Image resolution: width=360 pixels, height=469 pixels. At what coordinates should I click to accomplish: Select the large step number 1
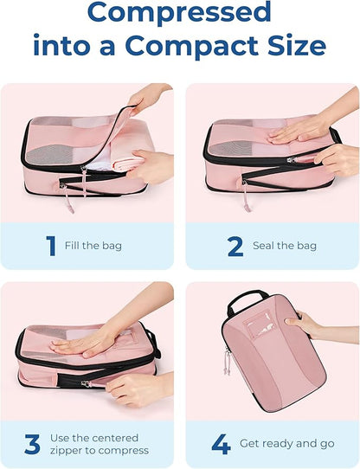click(49, 246)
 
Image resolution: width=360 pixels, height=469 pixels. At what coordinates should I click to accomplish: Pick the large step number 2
click(235, 246)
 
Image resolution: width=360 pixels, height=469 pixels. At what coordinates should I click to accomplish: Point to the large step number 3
click(33, 444)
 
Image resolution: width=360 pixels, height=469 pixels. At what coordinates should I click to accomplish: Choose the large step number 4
click(221, 444)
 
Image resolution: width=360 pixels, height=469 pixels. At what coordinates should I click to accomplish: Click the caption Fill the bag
click(93, 246)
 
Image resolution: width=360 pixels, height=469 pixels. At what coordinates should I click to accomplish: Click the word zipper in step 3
click(81, 450)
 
